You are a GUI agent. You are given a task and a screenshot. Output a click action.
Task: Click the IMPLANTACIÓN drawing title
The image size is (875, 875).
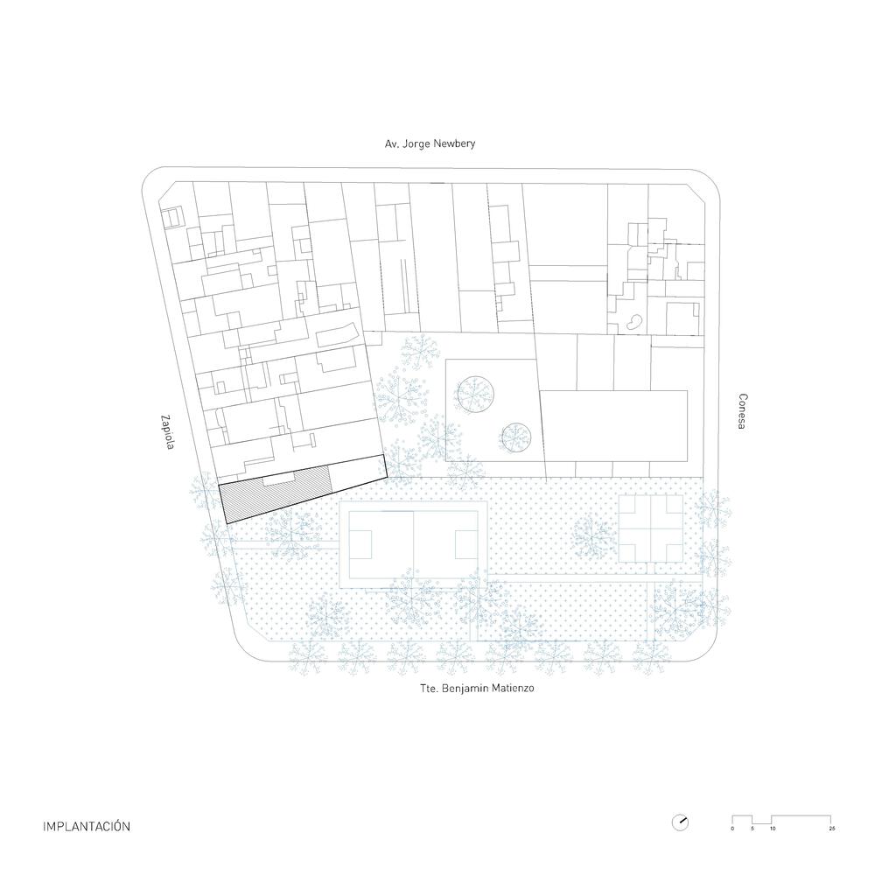coord(87,825)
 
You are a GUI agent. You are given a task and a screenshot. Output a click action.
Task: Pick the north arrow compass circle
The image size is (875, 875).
coord(680,822)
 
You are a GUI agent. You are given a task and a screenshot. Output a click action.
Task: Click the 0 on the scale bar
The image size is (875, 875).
coord(732,828)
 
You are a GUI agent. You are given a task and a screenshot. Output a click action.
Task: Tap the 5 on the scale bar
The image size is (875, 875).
coord(752,828)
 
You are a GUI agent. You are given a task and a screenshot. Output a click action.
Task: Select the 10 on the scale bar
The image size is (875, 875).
coord(773,828)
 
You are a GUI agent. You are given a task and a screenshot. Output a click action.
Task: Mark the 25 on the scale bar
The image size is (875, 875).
coord(832,828)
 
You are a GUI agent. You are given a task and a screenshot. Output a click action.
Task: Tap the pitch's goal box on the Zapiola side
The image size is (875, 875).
coord(360,547)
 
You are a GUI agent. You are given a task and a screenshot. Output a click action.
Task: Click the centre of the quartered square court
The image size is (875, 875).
coord(650,528)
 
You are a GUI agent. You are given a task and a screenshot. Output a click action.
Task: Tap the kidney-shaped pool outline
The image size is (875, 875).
coord(630,323)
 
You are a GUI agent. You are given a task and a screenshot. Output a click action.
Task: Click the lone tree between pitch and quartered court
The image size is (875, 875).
coord(594,535)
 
